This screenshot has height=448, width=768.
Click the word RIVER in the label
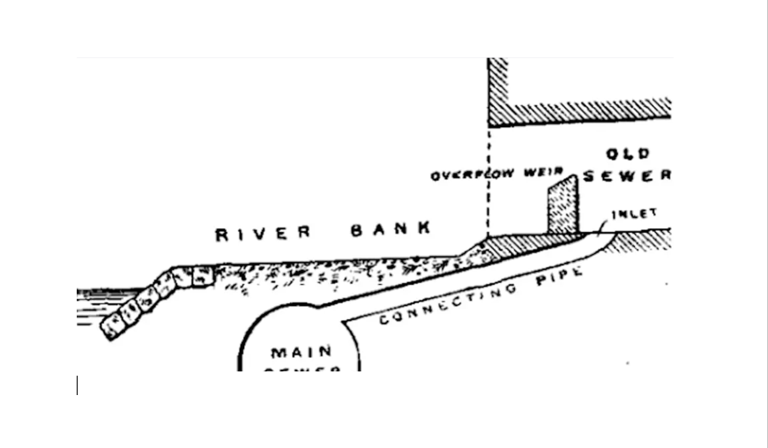(264, 234)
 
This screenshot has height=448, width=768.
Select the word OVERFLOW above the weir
(472, 175)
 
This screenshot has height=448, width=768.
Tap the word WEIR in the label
(547, 171)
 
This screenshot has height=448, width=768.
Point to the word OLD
(628, 154)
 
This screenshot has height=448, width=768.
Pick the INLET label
(634, 213)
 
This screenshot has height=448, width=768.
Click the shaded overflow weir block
(563, 205)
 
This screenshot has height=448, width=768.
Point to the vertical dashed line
(488, 185)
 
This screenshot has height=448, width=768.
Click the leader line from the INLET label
(604, 228)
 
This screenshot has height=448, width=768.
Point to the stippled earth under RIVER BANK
(335, 273)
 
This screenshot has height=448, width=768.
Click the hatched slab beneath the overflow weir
(529, 242)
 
